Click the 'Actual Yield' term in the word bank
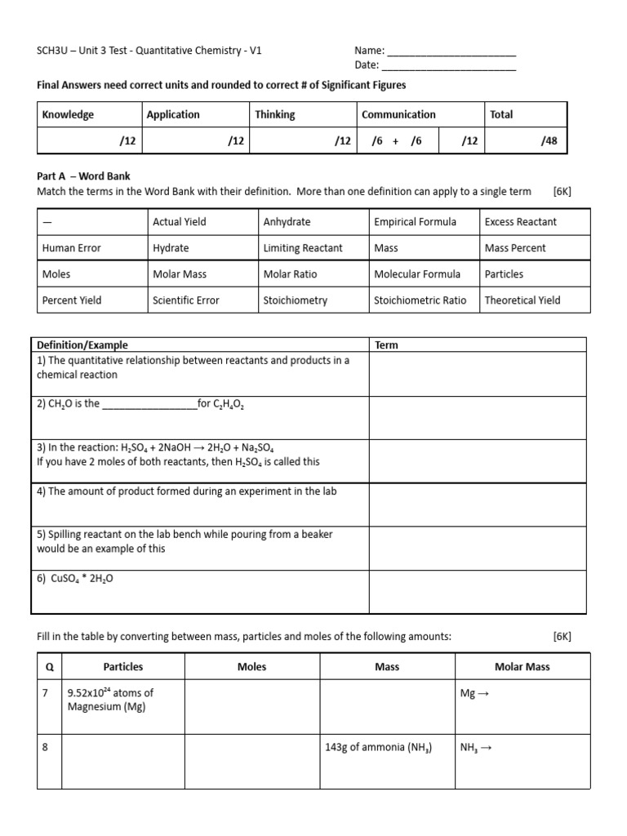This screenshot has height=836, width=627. (x=180, y=222)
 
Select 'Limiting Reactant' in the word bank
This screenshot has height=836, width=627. (x=303, y=248)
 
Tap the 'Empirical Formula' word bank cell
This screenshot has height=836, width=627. (x=415, y=222)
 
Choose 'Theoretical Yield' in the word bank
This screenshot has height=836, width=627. (x=522, y=300)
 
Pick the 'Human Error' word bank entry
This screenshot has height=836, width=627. (x=72, y=248)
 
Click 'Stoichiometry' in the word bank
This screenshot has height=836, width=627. (x=296, y=300)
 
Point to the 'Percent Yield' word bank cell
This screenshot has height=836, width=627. (x=72, y=300)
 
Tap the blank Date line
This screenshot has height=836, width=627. (x=449, y=66)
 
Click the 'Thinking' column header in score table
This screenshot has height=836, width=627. (x=275, y=115)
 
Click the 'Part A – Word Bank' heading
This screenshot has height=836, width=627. (x=83, y=176)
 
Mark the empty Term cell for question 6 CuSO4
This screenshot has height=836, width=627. (x=477, y=591)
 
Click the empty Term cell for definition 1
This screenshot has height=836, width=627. (x=477, y=374)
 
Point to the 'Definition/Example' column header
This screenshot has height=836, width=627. (x=82, y=345)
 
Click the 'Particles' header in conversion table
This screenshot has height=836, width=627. (x=123, y=667)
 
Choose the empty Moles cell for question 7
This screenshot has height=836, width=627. (x=251, y=706)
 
